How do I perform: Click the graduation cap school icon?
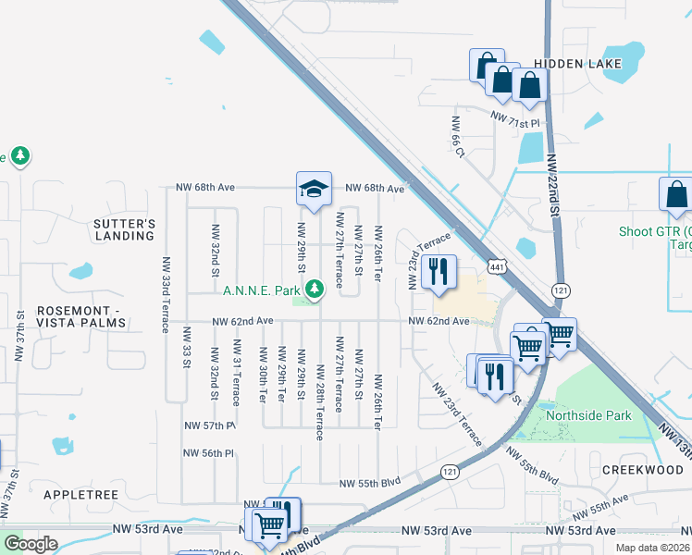coord(314,189)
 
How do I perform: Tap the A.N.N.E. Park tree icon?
coord(315,290)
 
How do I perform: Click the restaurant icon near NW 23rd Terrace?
coord(438,271)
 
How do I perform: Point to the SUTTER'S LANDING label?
coord(124,229)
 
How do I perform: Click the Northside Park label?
coord(588,415)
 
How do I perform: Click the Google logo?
coord(31,543)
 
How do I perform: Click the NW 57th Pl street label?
coord(210,425)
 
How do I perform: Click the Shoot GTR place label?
coord(656,231)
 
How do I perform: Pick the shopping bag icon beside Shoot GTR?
coord(675,195)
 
